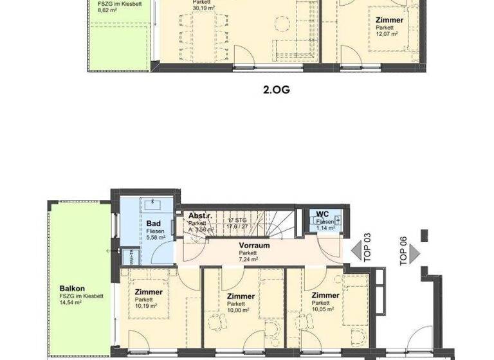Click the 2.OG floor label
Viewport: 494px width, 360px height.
[277, 90]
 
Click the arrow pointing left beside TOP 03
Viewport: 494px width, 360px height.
[356, 248]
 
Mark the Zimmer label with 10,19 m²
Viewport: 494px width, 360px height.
[149, 292]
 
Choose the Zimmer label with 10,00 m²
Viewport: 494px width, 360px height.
[241, 296]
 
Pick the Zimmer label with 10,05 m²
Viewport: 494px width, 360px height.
[325, 295]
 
